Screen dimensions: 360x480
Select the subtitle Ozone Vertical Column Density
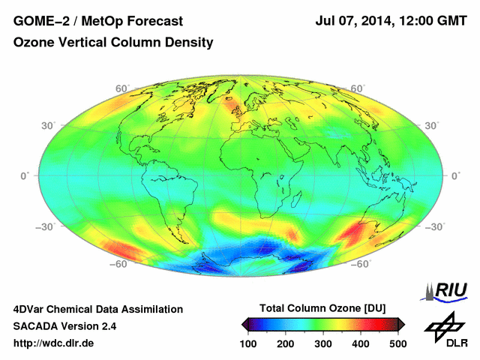pos(113,43)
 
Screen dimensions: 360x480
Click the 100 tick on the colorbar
pos(248,343)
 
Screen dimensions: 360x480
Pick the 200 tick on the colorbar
pos(286,343)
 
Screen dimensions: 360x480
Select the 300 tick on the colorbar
pos(323,343)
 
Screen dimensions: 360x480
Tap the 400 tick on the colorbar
pos(361,343)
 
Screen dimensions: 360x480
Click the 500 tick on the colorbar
pos(397,343)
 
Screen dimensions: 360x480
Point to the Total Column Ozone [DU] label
pos(322,308)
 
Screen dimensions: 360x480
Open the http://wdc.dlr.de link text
pos(54,343)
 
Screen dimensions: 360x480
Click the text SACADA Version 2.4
pos(65,326)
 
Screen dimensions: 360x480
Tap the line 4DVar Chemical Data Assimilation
pos(98,309)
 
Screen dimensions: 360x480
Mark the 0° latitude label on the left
pos(25,175)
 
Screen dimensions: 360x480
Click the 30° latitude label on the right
pos(432,125)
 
